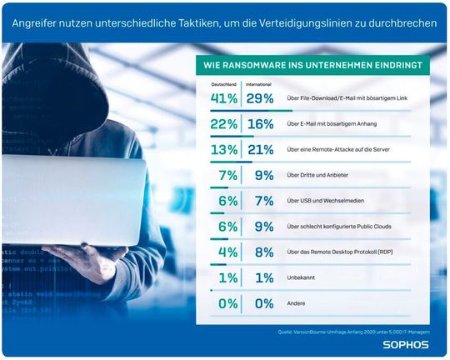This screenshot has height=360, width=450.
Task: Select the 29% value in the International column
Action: point(259,98)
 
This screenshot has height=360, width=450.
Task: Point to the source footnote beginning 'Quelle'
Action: point(353,331)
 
